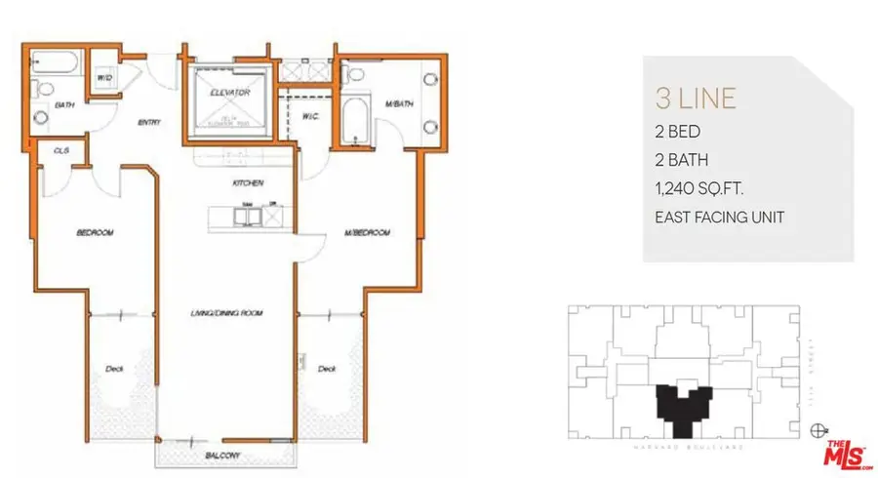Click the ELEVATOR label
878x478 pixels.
230,93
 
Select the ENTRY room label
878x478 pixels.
149,122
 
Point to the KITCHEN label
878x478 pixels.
243,182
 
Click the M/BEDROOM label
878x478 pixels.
368,233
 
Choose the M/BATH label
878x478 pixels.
396,102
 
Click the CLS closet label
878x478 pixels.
61,150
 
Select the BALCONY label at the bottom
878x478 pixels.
223,457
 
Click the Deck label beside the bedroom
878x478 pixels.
114,368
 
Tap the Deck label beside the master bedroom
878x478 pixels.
327,368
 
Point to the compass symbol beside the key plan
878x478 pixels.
817,426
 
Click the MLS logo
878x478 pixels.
845,452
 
